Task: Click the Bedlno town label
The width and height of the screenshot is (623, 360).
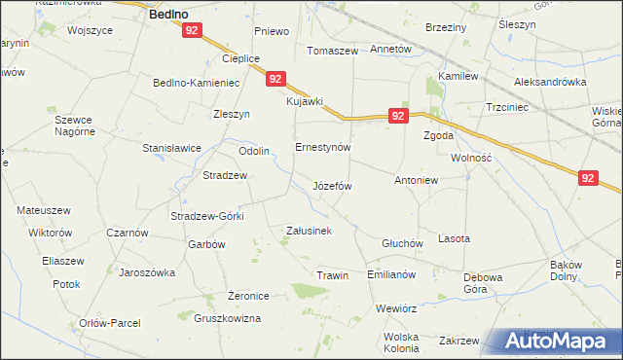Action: point(168,15)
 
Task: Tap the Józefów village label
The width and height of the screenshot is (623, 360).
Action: point(331,185)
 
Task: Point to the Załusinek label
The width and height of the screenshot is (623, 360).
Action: point(310,231)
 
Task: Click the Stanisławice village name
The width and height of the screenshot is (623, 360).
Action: point(171,148)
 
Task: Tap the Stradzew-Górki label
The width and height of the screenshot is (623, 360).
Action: point(206,216)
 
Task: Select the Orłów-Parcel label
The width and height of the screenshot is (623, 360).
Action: point(111,323)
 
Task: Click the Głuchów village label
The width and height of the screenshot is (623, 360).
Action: point(401,243)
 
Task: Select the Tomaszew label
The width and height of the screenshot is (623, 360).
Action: point(333,50)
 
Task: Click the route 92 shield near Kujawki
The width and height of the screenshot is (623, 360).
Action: point(276,79)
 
